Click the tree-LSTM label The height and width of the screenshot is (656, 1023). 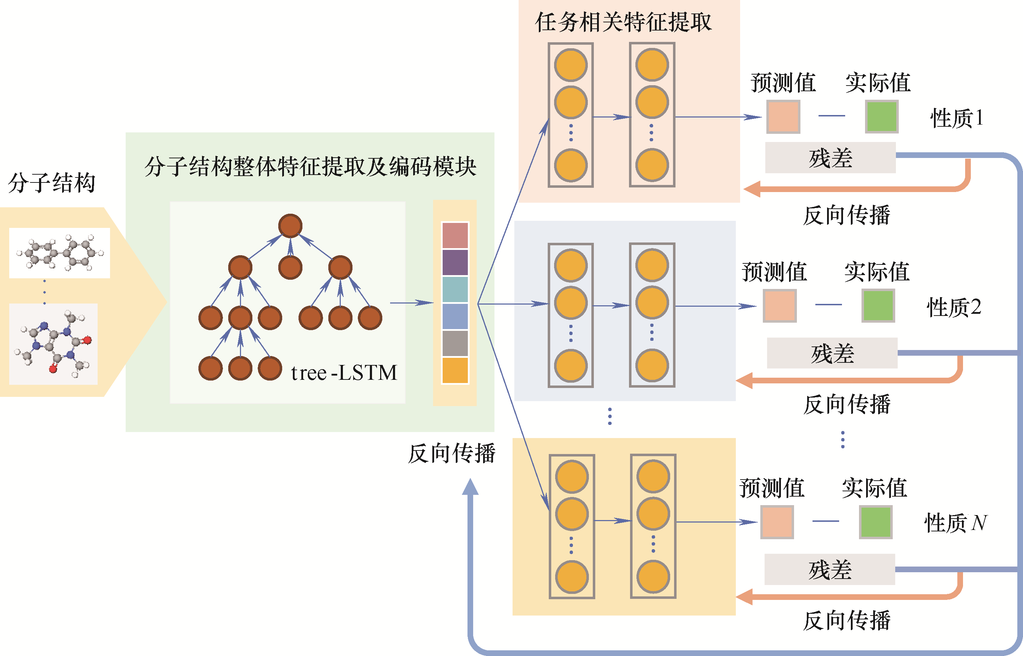tap(344, 373)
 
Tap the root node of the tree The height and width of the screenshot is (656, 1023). tap(290, 226)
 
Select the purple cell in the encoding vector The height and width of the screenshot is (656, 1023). tap(455, 262)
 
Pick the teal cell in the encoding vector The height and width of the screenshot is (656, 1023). tap(455, 289)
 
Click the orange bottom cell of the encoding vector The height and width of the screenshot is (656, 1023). tap(455, 371)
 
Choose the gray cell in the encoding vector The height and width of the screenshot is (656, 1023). tap(455, 343)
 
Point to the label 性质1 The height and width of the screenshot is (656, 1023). tap(957, 118)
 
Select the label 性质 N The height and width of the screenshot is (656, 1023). tap(955, 523)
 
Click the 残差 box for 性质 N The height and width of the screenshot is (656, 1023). tap(830, 569)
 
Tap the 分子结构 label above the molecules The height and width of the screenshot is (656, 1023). tap(51, 183)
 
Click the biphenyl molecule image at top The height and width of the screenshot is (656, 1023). tap(60, 253)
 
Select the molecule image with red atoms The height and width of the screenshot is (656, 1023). tap(53, 344)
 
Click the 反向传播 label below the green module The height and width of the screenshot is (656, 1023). tap(452, 453)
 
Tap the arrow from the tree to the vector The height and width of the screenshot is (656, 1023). tap(411, 303)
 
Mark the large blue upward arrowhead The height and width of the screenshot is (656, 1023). tap(470, 487)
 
